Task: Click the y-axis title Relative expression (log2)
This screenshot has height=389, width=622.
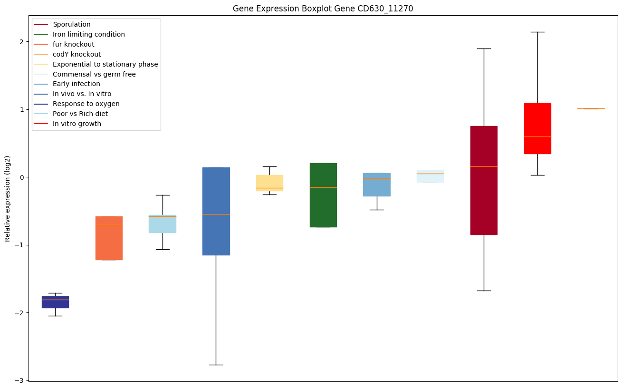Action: (8, 198)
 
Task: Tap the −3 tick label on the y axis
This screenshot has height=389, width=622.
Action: (19, 380)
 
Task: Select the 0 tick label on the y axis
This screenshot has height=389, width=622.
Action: (21, 177)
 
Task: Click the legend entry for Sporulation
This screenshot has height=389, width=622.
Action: (71, 24)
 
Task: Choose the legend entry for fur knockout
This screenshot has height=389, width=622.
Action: (73, 44)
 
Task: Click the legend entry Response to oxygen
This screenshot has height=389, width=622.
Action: (86, 104)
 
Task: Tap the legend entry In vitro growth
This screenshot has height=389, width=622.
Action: (77, 124)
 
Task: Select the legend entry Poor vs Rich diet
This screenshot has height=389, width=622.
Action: (80, 114)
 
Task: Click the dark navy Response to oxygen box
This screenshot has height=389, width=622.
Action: (55, 302)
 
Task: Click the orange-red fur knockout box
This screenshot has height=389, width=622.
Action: (109, 238)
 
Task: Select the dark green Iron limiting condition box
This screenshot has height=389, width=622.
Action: (323, 195)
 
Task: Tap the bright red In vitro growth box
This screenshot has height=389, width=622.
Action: (537, 128)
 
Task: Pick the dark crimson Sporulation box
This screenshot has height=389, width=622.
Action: (484, 180)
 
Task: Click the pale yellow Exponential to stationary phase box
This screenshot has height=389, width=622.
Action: (269, 183)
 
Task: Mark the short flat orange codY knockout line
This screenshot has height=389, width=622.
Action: (591, 108)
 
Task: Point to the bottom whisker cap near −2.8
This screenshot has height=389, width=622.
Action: (216, 365)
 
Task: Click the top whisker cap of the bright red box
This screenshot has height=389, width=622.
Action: (537, 32)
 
